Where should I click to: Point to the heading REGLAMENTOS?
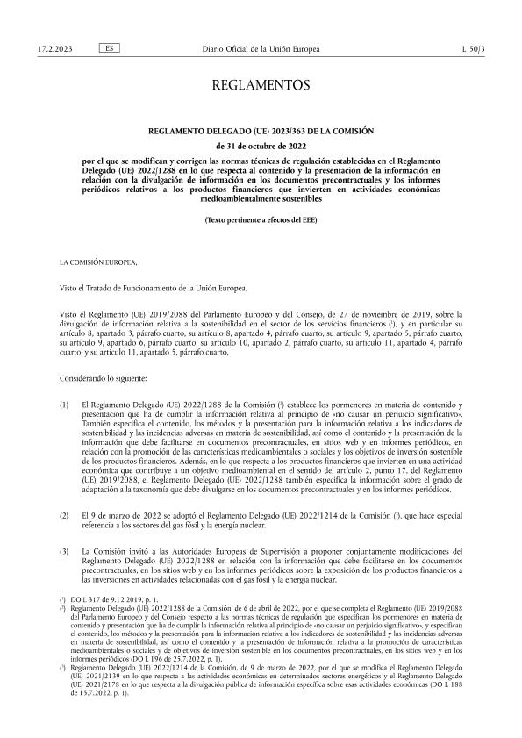[261, 85]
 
